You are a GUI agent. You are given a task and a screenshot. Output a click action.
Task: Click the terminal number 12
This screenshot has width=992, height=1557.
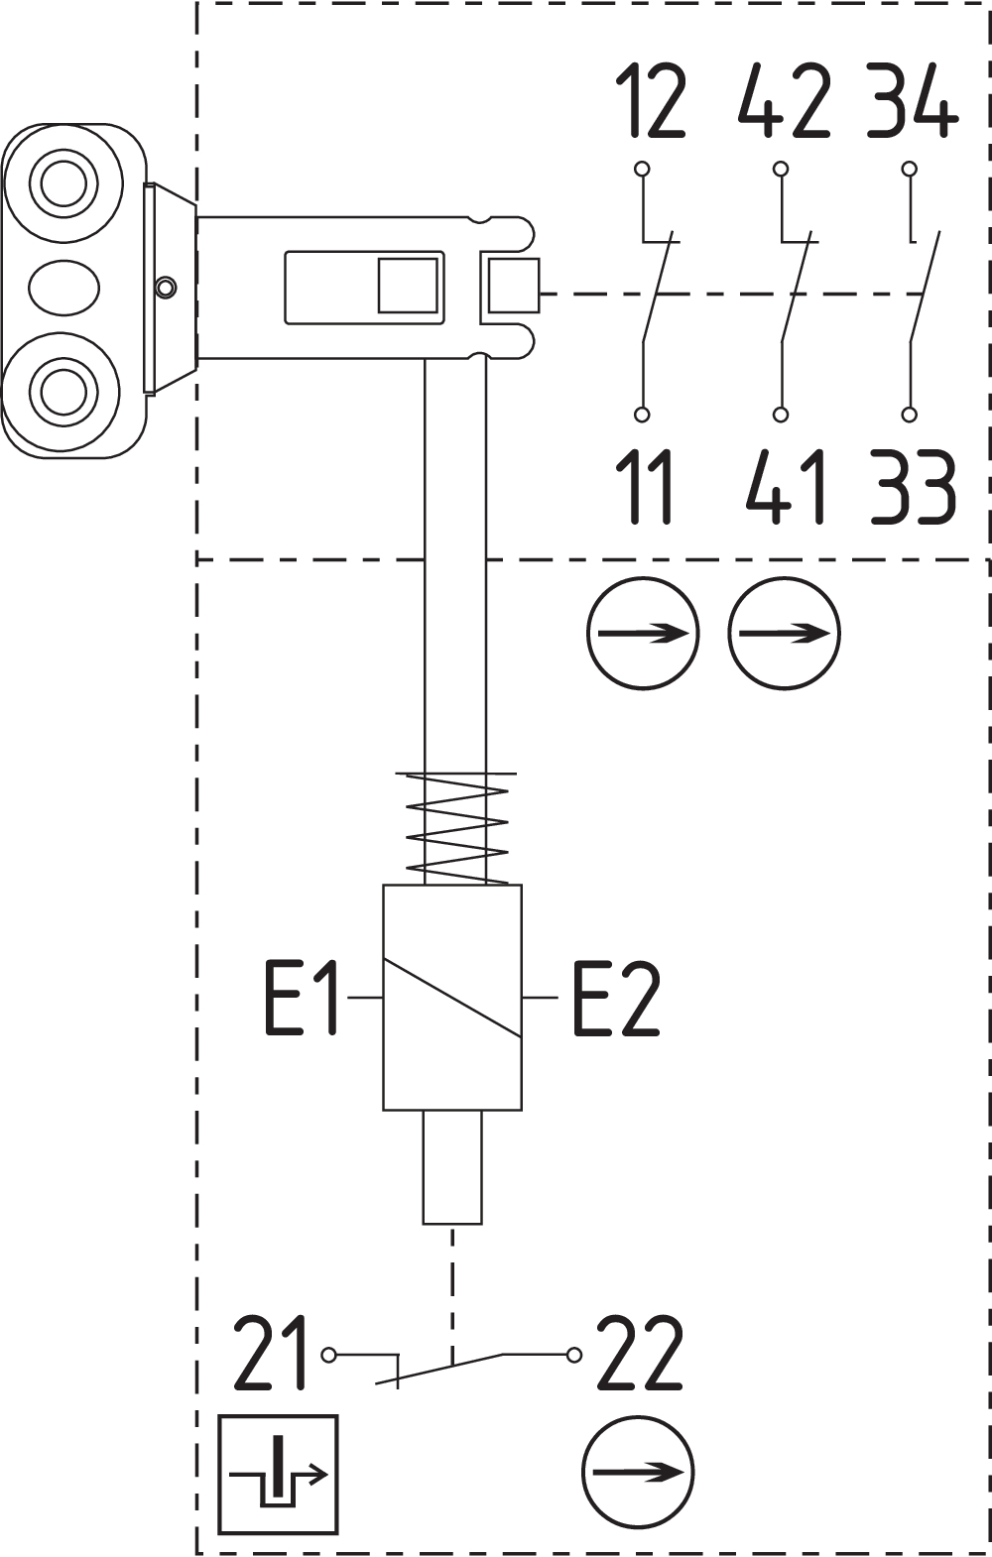[x=651, y=101]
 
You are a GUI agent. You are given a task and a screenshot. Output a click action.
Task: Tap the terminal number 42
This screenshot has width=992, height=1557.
[x=785, y=101]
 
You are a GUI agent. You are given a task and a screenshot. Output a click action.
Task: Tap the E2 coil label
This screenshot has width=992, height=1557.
[x=615, y=998]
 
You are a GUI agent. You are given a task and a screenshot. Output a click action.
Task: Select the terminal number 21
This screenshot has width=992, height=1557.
[x=271, y=1353]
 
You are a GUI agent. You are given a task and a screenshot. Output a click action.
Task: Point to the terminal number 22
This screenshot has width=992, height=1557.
[x=640, y=1355]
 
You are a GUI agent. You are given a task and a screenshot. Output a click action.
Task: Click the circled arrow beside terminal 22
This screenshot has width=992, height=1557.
[x=637, y=1473]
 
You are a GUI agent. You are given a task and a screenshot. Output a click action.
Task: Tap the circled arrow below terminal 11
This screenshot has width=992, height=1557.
[x=643, y=633]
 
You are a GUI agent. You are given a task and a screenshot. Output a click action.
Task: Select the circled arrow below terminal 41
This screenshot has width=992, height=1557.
[x=784, y=633]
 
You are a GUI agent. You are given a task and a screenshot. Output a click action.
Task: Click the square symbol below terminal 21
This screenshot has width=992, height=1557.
[x=278, y=1474]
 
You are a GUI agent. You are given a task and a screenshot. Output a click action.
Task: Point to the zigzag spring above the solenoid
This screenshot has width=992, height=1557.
[x=457, y=828]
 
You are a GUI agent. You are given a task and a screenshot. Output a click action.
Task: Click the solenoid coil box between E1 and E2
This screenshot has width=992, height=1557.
[x=452, y=998]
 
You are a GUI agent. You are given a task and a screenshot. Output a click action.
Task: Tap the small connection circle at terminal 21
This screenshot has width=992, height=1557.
[x=329, y=1355]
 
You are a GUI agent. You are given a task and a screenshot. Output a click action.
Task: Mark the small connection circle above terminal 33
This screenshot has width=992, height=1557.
[x=909, y=415]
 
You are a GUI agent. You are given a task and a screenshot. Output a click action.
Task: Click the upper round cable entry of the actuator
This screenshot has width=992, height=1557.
[x=63, y=182]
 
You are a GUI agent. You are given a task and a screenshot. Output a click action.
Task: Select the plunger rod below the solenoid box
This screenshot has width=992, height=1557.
[x=452, y=1167]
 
